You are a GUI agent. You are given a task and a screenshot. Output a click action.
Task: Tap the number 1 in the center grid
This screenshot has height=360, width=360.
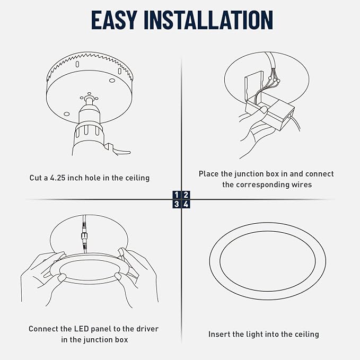[177, 195]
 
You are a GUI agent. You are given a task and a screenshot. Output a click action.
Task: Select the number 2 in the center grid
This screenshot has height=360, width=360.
[186, 195]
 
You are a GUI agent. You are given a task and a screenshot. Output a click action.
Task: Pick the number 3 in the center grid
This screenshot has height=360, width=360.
[177, 204]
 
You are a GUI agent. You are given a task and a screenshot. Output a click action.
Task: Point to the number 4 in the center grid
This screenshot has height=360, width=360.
[186, 204]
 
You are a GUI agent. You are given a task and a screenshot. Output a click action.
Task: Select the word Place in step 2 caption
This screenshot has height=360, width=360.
[209, 173]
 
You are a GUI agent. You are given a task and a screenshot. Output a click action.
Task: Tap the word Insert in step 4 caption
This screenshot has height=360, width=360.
[219, 334]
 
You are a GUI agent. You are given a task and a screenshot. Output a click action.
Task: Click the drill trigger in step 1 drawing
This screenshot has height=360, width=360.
[118, 150]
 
